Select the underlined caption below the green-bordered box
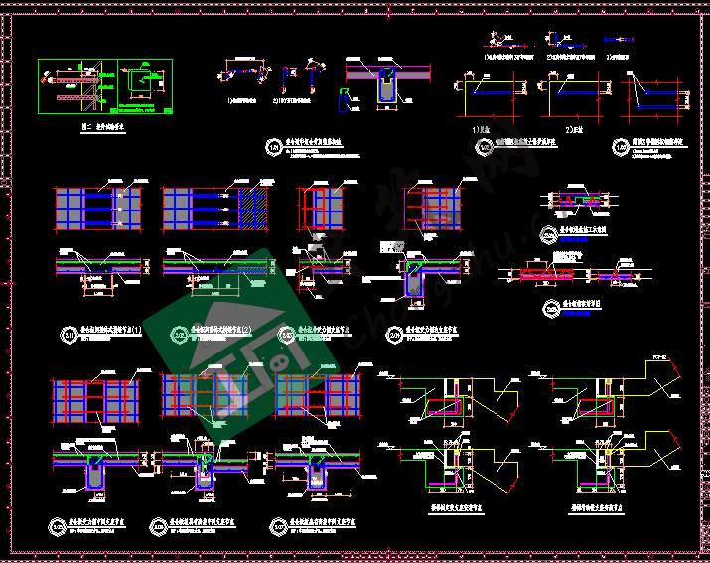pos(102,128)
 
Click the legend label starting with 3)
pos(618,56)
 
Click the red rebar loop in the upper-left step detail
pos(442,402)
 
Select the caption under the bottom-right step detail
pos(605,504)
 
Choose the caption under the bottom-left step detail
pos(438,504)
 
